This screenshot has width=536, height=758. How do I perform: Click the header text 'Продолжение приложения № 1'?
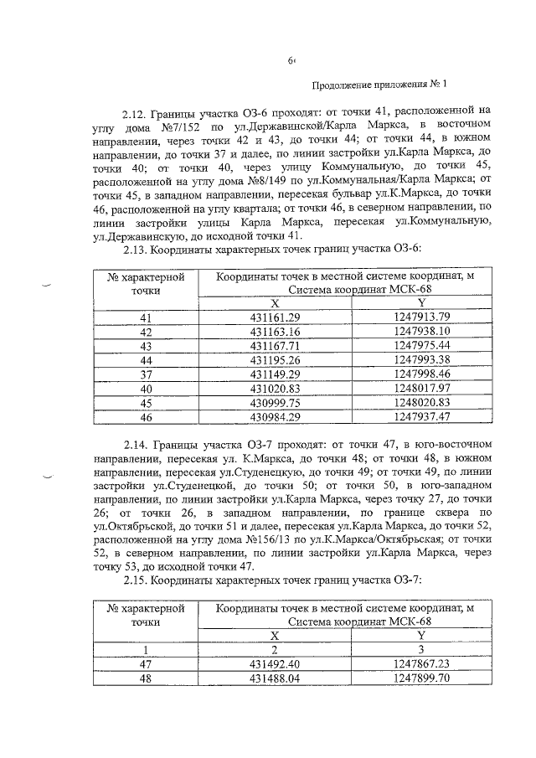pyautogui.click(x=380, y=85)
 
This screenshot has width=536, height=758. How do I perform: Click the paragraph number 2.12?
pyautogui.click(x=137, y=111)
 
